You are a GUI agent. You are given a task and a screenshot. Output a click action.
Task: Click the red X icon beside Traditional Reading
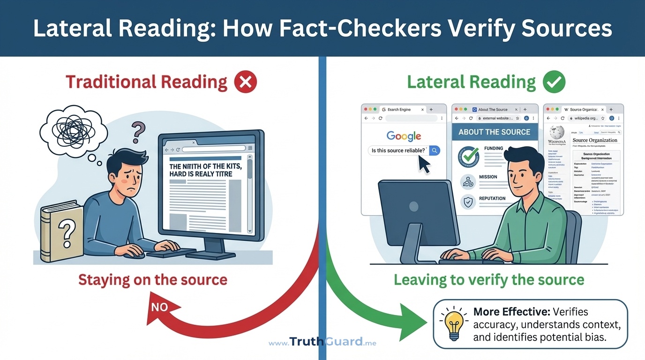pyautogui.click(x=245, y=82)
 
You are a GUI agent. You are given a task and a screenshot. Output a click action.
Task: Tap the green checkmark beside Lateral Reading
pyautogui.click(x=554, y=82)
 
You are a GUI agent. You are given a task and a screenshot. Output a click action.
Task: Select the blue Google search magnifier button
pyautogui.click(x=435, y=150)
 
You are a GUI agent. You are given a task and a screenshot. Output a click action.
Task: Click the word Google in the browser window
pyautogui.click(x=404, y=136)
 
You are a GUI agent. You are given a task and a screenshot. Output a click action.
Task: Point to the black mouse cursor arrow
pyautogui.click(x=423, y=164)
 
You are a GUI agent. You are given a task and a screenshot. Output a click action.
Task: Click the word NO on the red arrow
pyautogui.click(x=159, y=307)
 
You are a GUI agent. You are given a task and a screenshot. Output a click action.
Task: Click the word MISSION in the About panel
pyautogui.click(x=488, y=177)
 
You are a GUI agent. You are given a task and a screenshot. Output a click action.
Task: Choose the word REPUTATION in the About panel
pyautogui.click(x=492, y=198)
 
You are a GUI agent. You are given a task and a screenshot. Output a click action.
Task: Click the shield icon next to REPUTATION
pyautogui.click(x=468, y=202)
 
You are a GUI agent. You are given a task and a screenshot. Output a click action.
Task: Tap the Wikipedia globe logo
pyautogui.click(x=557, y=132)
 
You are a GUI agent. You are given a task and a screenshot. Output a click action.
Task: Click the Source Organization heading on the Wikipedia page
pyautogui.click(x=595, y=140)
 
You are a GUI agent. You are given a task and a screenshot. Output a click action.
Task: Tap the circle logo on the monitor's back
pyautogui.click(x=413, y=206)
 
